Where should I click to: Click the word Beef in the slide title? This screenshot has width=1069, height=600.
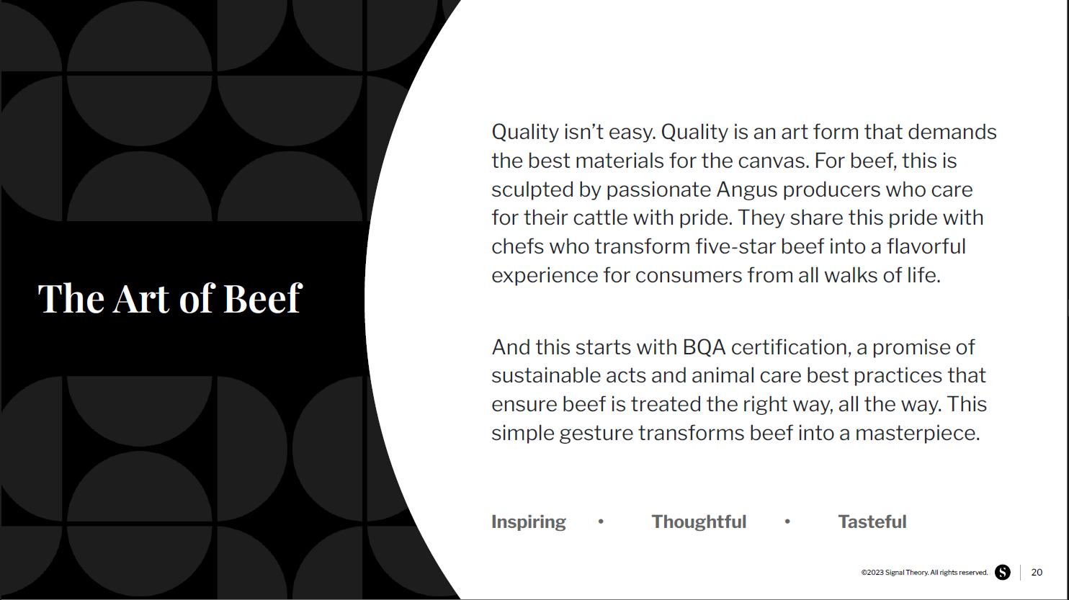point(262,298)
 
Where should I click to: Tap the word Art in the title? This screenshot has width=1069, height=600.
point(140,299)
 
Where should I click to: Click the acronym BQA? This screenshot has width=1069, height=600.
point(704,347)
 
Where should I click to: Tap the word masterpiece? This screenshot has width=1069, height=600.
point(917,434)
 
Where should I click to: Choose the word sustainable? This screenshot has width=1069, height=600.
point(546,376)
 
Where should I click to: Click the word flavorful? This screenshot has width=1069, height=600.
point(926,246)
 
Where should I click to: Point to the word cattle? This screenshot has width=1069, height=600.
point(600,218)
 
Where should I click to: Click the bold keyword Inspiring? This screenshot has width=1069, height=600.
point(529,522)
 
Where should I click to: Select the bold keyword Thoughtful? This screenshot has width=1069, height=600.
point(699,521)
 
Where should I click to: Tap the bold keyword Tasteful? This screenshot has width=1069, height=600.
point(872,521)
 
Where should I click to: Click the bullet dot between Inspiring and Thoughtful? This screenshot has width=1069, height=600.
point(601,521)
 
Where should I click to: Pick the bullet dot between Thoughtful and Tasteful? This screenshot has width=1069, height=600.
point(787,521)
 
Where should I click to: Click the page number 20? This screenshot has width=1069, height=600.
point(1037,573)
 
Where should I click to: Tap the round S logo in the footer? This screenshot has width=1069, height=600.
point(1003,573)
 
